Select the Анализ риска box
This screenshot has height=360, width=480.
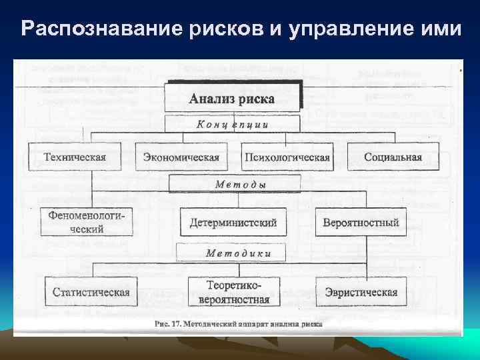233,97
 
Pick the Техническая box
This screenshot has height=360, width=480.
74,157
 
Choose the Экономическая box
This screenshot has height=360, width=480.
181,157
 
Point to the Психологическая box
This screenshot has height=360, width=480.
287,157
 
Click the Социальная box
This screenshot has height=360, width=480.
393,157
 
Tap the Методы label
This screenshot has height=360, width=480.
233,183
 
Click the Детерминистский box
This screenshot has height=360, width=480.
233,222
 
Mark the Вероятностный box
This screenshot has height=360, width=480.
360,222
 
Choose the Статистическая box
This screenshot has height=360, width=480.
91,292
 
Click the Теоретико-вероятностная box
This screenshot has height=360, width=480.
233,292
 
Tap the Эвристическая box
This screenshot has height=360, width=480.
361,292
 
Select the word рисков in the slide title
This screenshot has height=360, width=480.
219,29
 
